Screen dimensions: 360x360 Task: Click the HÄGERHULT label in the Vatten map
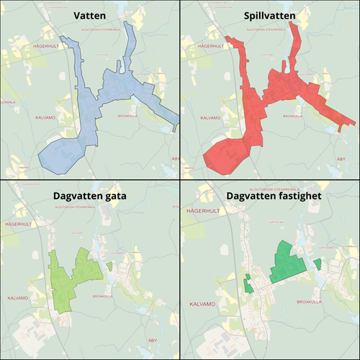click(48, 45)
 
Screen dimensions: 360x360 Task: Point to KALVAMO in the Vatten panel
click(48, 116)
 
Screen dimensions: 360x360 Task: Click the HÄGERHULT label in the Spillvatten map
click(204, 45)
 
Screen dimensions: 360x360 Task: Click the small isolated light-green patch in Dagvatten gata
click(109, 266)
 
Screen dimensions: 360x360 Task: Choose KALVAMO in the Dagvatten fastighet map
click(202, 305)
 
